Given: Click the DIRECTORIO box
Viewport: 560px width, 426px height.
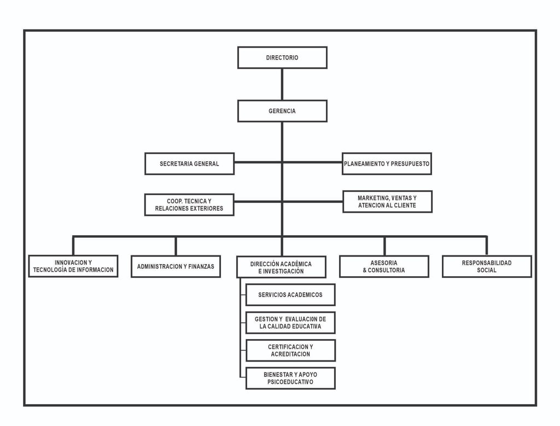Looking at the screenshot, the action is (282, 57).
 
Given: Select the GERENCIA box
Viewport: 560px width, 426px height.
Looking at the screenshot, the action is (282, 111).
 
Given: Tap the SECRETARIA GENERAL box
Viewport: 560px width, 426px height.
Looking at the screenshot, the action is (189, 164).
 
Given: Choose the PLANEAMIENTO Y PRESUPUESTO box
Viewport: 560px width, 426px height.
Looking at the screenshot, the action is (387, 164).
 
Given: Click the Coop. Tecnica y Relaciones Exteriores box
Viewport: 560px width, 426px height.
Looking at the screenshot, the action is (189, 205).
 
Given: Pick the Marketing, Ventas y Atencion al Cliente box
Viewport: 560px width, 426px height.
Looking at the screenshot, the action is (388, 202).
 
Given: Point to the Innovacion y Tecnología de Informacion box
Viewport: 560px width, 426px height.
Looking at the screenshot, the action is (73, 266).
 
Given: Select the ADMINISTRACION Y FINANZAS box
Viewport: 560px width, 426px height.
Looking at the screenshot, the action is (176, 266).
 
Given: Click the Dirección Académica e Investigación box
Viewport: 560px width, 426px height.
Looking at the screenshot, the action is (282, 267).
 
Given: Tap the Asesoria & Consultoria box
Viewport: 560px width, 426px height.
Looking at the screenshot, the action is (384, 266).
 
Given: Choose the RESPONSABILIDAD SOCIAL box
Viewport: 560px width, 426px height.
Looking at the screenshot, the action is (487, 266).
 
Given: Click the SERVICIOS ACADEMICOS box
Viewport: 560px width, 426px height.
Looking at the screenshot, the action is (290, 295).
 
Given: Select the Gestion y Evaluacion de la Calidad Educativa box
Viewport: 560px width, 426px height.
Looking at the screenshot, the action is (290, 323).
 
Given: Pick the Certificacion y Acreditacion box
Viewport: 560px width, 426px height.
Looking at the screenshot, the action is (290, 351).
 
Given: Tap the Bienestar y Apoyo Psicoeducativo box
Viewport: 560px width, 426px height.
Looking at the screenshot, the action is (290, 378).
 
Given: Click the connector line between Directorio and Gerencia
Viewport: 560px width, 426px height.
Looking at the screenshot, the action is (282, 84).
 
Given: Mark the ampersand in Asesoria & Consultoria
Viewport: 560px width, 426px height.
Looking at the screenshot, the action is (365, 270).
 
